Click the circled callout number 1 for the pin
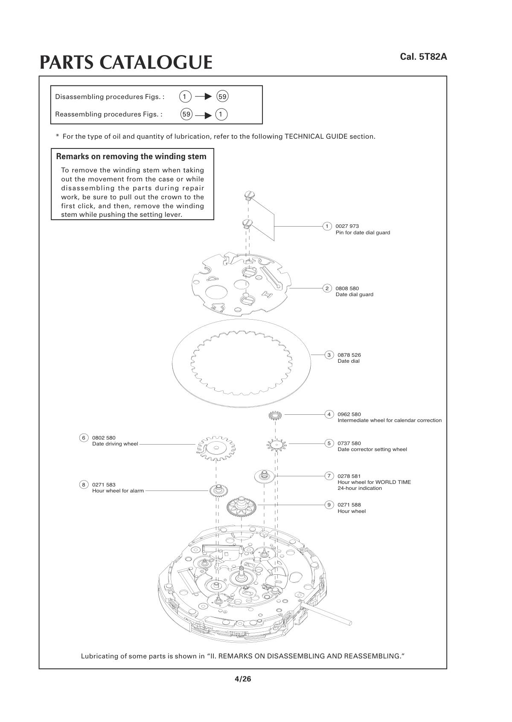[327, 226]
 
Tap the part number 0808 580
[347, 288]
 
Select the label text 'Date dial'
[348, 361]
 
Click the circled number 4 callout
[329, 414]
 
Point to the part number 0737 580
[349, 443]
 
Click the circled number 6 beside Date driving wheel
[84, 438]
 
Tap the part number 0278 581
[349, 476]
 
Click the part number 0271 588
[349, 505]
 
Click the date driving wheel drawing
[216, 448]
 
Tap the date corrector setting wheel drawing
[277, 445]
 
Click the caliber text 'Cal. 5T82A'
[423, 57]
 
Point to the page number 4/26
[243, 679]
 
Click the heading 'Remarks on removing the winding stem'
[131, 157]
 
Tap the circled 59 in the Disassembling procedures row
[222, 96]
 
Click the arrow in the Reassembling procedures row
[204, 115]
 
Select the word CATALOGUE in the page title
[156, 62]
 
